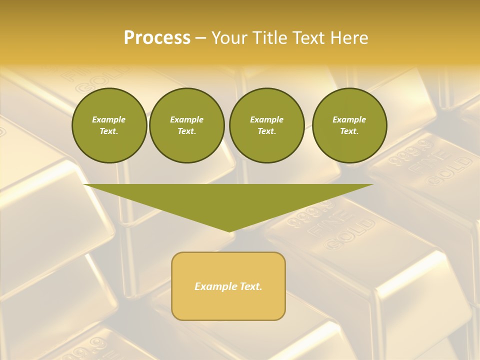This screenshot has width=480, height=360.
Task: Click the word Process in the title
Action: pyautogui.click(x=157, y=38)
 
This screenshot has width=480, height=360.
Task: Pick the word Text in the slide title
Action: pyautogui.click(x=307, y=38)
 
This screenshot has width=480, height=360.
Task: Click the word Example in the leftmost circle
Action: pyautogui.click(x=109, y=119)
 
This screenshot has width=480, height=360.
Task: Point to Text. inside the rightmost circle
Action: pyautogui.click(x=349, y=131)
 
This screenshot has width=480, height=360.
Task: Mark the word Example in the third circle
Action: pyautogui.click(x=266, y=119)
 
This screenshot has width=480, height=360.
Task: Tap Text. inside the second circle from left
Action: pyautogui.click(x=186, y=131)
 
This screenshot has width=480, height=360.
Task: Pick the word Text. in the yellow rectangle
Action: pyautogui.click(x=250, y=286)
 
